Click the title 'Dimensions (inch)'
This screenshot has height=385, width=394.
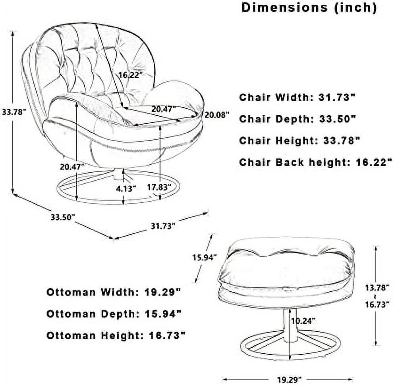(x=309, y=8)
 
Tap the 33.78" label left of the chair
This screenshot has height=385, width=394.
(x=14, y=112)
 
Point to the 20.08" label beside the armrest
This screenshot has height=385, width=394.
(x=217, y=115)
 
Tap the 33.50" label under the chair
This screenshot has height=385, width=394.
(x=63, y=217)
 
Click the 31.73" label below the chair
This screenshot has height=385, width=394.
(x=163, y=226)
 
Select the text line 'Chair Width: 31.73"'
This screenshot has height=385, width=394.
(x=297, y=97)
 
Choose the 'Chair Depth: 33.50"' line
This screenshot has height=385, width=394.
(x=297, y=119)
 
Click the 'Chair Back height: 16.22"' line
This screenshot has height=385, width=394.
(x=316, y=162)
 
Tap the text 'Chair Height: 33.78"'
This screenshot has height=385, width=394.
(x=299, y=141)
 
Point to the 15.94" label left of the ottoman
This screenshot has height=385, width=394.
(x=205, y=258)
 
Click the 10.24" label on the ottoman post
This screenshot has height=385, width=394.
(x=303, y=321)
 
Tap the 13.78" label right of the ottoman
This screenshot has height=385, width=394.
(x=377, y=287)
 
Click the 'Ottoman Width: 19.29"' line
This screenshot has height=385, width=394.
(x=114, y=292)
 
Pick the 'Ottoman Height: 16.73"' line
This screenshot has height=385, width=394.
(x=116, y=335)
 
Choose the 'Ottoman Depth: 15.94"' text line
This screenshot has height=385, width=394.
(x=114, y=314)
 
